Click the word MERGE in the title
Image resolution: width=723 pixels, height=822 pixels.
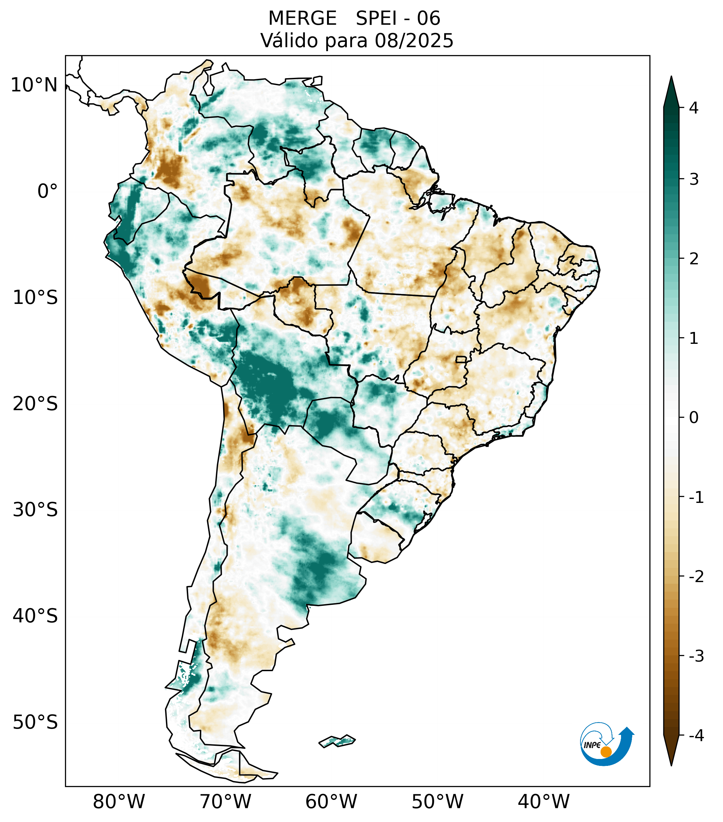302,18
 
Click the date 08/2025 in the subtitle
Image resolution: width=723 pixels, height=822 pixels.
414,41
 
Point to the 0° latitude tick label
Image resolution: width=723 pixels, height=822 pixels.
47,191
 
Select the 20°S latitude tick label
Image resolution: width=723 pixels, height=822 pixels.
35,404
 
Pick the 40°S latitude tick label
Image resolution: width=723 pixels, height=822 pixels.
35,616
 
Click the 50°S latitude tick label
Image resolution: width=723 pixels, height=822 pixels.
35,722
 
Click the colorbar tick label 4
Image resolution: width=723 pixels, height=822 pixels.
694,108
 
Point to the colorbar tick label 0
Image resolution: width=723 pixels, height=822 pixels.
694,418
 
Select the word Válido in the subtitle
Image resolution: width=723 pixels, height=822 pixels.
289,41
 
